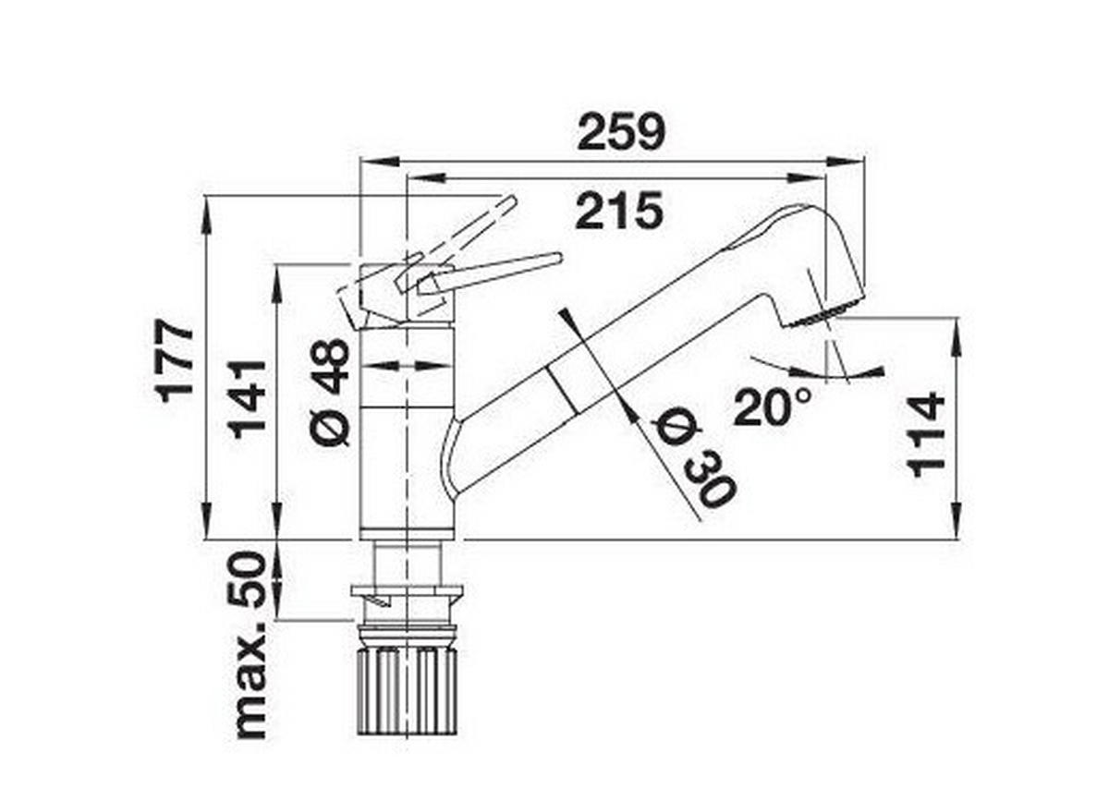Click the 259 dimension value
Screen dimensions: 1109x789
click(x=621, y=132)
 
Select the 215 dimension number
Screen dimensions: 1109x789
click(x=619, y=211)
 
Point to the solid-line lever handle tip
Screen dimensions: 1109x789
click(x=558, y=259)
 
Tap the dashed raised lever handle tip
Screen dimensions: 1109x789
click(x=511, y=201)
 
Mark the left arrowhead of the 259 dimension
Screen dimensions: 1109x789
click(x=380, y=161)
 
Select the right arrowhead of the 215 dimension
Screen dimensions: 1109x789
click(x=807, y=178)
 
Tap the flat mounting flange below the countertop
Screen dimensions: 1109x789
click(x=407, y=591)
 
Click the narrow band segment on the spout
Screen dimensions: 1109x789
click(x=567, y=386)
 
